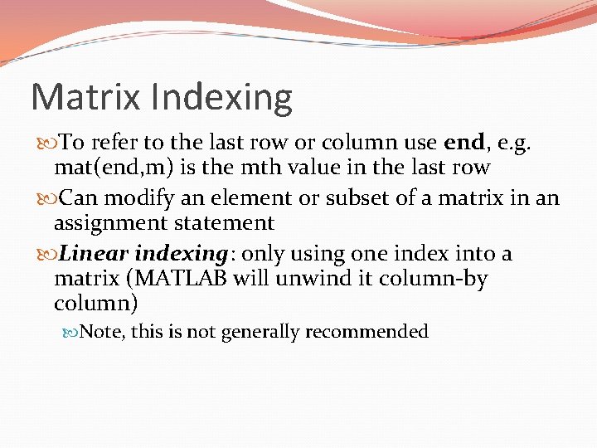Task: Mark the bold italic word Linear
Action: [x=95, y=253]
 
